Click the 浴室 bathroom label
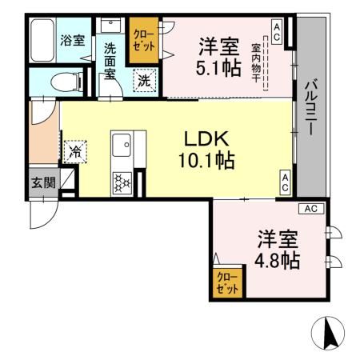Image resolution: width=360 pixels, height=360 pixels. (73, 41)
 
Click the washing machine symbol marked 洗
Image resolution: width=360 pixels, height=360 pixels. (144, 80)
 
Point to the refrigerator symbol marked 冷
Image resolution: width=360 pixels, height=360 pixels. (77, 150)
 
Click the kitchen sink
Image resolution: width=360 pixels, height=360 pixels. (124, 147)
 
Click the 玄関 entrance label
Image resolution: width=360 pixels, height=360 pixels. (43, 182)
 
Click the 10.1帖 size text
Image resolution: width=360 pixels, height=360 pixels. (206, 161)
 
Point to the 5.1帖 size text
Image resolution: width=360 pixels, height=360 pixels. (219, 68)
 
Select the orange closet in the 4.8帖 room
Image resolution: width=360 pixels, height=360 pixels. (227, 283)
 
